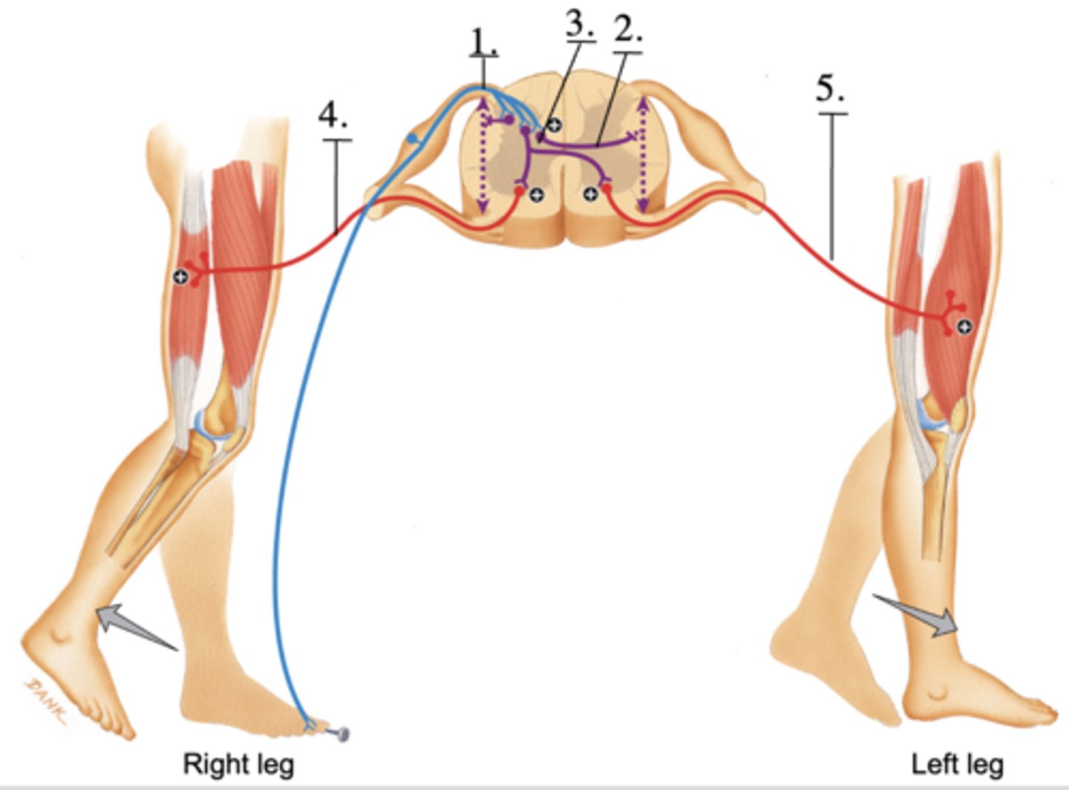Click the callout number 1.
pyautogui.click(x=483, y=43)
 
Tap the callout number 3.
pyautogui.click(x=580, y=24)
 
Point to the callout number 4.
pyautogui.click(x=333, y=116)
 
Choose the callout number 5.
pyautogui.click(x=831, y=90)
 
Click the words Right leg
pyautogui.click(x=238, y=763)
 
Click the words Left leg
pyautogui.click(x=957, y=763)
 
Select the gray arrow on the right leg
pyautogui.click(x=134, y=628)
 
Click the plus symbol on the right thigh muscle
pyautogui.click(x=180, y=277)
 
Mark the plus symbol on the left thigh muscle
pyautogui.click(x=964, y=326)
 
